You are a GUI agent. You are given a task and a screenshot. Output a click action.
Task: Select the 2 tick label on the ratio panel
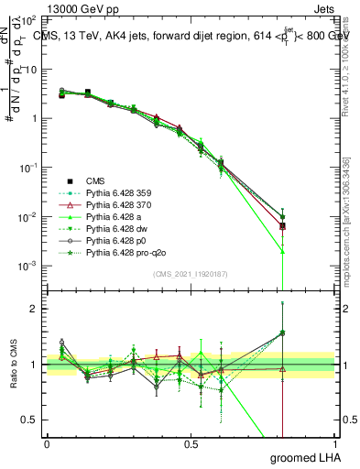pos(34,309)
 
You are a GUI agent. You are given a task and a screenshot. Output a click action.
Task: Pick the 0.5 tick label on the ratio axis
pos(29,420)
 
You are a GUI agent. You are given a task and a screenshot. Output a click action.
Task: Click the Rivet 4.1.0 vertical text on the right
pos(345,69)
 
